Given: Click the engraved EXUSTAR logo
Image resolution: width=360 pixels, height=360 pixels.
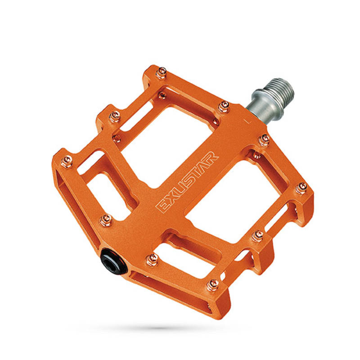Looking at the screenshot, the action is (187, 181).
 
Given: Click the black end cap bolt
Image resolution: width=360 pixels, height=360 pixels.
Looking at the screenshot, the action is (114, 261).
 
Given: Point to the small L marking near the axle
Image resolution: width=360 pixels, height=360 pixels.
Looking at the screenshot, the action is (247, 121).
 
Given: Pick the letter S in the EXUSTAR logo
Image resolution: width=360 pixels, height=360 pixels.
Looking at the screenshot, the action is (189, 179).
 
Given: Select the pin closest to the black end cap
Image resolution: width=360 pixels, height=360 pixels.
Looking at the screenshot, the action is (152, 261).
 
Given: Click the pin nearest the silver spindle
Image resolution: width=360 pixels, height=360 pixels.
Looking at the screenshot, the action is (224, 107).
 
